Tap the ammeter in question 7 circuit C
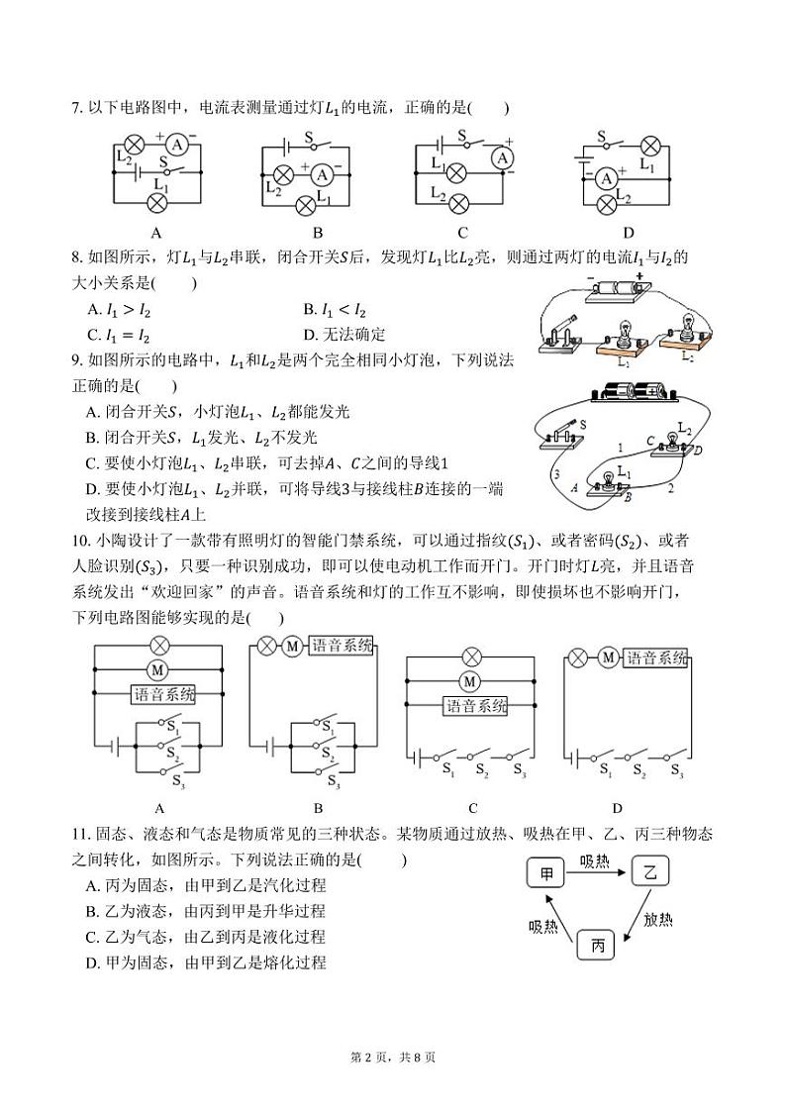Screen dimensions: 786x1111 [x=503, y=157]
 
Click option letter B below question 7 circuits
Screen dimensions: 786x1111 [x=318, y=234]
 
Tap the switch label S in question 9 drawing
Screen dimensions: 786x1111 [x=584, y=424]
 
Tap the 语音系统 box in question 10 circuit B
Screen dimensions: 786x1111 [x=343, y=646]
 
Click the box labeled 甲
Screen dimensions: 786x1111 [x=546, y=874]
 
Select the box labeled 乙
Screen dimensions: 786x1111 [x=650, y=872]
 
